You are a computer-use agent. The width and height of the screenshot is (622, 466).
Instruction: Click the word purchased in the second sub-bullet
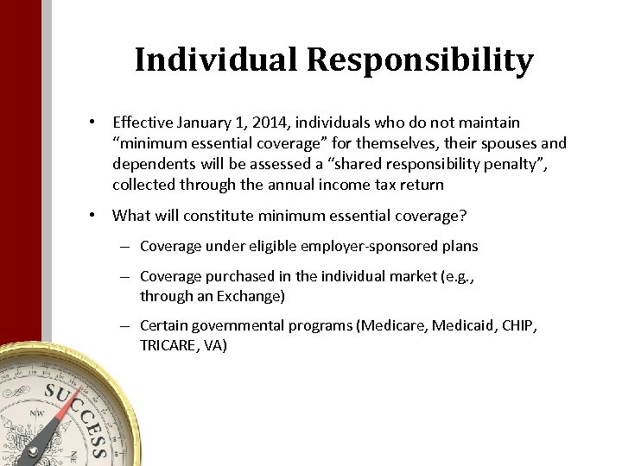click(x=232, y=277)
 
